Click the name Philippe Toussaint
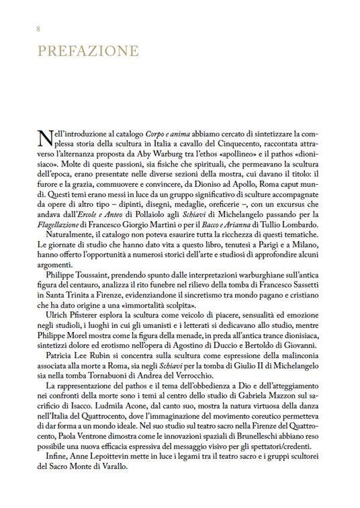(x=78, y=274)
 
